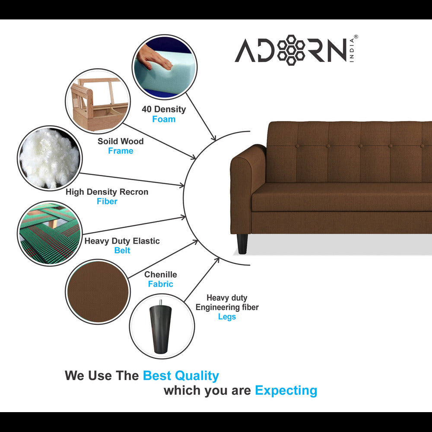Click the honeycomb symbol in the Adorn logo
click(x=291, y=50)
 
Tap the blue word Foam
click(x=164, y=119)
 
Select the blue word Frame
click(x=121, y=151)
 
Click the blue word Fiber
click(x=107, y=201)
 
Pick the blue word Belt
click(x=122, y=250)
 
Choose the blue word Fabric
click(x=160, y=284)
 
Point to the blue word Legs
click(x=227, y=317)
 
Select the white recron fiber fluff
click(x=50, y=158)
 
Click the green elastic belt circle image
click(x=50, y=233)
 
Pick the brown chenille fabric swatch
click(x=98, y=292)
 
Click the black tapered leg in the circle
click(x=160, y=329)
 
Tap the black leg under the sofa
click(x=242, y=244)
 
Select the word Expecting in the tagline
click(x=286, y=391)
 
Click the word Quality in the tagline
click(x=197, y=376)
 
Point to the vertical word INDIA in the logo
click(x=352, y=50)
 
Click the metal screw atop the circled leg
click(x=160, y=302)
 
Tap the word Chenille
click(x=161, y=274)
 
